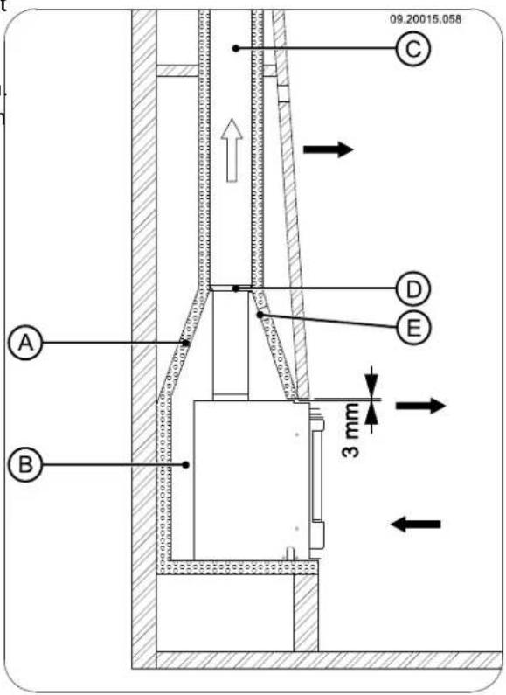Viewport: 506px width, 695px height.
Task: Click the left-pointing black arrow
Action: tap(416, 523)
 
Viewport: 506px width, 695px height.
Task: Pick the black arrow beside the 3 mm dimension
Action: tap(421, 406)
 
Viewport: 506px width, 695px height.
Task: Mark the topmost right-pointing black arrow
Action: tap(328, 150)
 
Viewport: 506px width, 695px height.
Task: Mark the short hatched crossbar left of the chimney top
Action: tap(177, 70)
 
